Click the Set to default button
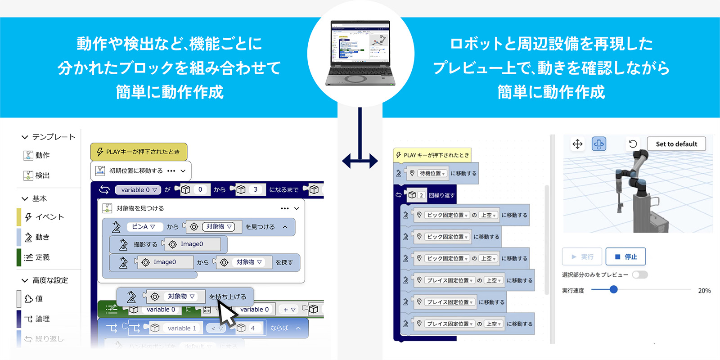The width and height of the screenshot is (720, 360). click(x=676, y=144)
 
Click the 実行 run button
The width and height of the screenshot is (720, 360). click(x=582, y=256)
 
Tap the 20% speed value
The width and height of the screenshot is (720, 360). click(x=704, y=291)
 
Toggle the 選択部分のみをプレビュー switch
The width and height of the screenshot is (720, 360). click(x=639, y=274)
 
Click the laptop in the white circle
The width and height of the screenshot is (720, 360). click(x=360, y=53)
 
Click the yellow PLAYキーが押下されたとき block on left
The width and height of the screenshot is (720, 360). click(x=139, y=152)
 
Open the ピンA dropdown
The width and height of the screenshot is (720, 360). click(x=144, y=227)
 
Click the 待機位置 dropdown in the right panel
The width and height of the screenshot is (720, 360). click(x=432, y=173)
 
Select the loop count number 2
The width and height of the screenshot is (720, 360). click(x=421, y=195)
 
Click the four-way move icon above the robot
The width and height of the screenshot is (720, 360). click(x=577, y=144)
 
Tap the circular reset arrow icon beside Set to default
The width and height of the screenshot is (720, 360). click(x=633, y=144)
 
